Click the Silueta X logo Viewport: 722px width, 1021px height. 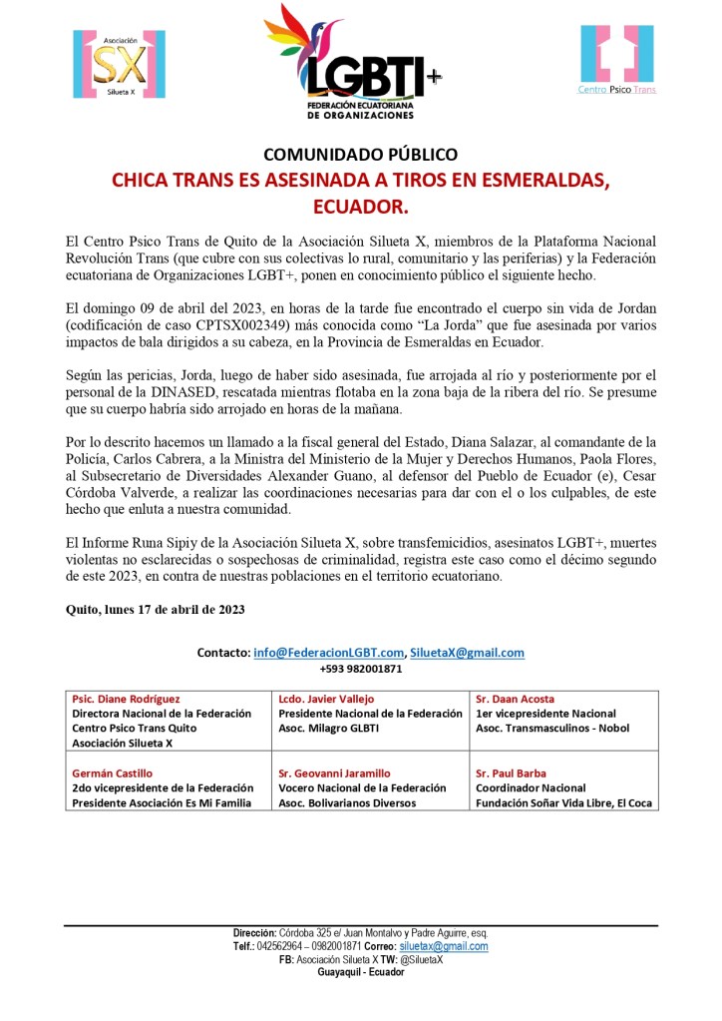pyautogui.click(x=118, y=65)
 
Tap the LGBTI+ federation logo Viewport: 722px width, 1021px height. pyautogui.click(x=354, y=63)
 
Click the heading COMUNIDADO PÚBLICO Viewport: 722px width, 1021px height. pyautogui.click(x=360, y=155)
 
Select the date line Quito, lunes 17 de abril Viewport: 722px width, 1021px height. pyautogui.click(x=155, y=609)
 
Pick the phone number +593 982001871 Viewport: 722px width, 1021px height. pyautogui.click(x=360, y=669)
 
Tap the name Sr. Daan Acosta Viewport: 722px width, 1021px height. pyautogui.click(x=515, y=699)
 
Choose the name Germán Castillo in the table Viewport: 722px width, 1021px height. pyautogui.click(x=112, y=773)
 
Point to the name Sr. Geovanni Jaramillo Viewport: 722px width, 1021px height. pyautogui.click(x=334, y=773)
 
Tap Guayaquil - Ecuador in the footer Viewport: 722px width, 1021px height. pyautogui.click(x=360, y=972)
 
